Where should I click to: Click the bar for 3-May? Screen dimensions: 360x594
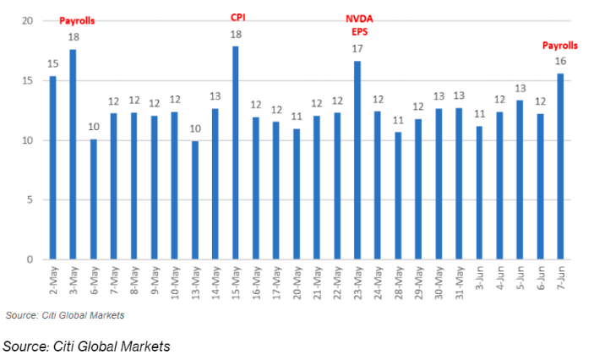(73, 155)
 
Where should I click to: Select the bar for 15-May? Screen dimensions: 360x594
(235, 153)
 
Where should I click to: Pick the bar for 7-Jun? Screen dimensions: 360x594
(560, 166)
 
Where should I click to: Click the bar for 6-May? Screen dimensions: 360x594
(93, 199)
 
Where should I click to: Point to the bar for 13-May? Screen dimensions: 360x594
(194, 200)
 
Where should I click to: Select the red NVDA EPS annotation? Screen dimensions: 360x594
(357, 25)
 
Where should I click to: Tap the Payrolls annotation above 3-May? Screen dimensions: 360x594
(76, 19)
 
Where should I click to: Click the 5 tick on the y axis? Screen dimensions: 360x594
(31, 200)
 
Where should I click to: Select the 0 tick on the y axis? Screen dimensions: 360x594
(31, 259)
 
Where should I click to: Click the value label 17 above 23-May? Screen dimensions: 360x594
(357, 50)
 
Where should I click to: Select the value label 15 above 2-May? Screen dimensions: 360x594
(52, 64)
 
